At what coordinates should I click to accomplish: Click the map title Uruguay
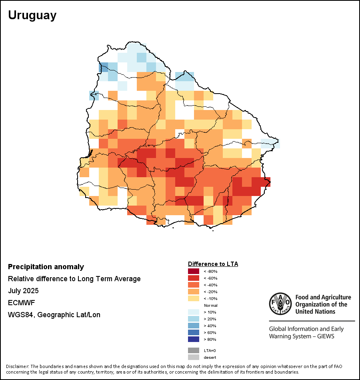pos(32,15)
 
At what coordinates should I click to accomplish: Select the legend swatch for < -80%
pos(194,272)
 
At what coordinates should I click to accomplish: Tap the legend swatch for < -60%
pos(194,278)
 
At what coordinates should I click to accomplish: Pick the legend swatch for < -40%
pos(194,285)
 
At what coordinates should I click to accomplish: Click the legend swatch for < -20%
pos(194,292)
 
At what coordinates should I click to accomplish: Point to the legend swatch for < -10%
pos(194,299)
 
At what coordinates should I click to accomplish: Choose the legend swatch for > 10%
pos(194,312)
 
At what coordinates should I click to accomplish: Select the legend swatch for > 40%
pos(194,326)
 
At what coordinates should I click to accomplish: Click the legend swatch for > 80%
pos(194,340)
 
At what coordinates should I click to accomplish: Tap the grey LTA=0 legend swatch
pos(194,350)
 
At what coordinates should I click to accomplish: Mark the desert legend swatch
pos(194,357)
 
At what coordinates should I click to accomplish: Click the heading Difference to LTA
pos(213,264)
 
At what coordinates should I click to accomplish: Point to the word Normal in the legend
pos(211,306)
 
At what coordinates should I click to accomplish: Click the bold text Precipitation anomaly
pos(46,267)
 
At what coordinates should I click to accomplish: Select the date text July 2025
pos(23,291)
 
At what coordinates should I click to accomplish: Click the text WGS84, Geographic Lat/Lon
pos(54,315)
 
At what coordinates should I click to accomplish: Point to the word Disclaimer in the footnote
pos(17,366)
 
